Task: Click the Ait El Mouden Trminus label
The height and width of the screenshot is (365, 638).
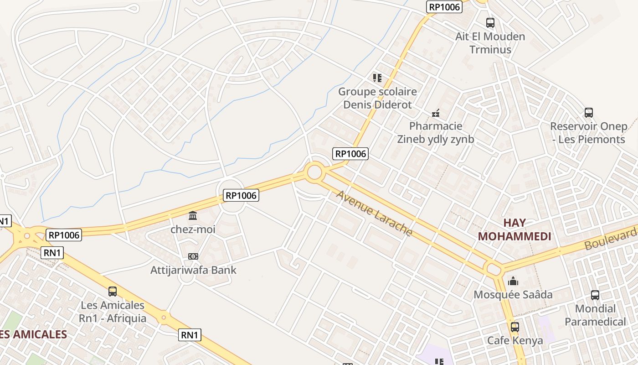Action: (x=490, y=43)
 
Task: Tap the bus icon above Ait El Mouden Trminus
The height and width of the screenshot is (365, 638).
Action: (x=490, y=22)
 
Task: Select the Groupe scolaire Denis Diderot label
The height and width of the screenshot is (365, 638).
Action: (x=377, y=98)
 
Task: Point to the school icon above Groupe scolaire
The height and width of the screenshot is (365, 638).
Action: (x=377, y=78)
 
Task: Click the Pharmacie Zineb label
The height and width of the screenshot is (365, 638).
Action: (x=436, y=133)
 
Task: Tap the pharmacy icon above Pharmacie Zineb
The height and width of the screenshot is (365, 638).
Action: (x=436, y=113)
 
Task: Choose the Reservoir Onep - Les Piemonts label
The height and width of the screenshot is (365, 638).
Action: (x=588, y=133)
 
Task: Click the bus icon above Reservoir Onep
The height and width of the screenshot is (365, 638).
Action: (x=589, y=112)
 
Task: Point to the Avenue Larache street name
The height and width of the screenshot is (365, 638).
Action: (x=374, y=214)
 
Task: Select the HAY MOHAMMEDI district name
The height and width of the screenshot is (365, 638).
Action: (x=515, y=229)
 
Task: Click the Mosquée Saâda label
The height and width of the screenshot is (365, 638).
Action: (x=513, y=295)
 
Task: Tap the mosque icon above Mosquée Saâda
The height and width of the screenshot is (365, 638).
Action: (x=513, y=281)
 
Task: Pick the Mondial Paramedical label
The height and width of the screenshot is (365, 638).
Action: (x=595, y=315)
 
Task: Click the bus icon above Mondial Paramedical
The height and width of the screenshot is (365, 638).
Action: (x=595, y=295)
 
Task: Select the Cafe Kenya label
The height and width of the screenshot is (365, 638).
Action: (x=515, y=341)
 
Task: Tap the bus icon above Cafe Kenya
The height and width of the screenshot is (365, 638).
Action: (x=515, y=327)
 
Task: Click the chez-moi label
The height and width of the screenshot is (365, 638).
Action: (x=193, y=229)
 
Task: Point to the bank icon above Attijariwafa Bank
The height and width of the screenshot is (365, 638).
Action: (x=193, y=256)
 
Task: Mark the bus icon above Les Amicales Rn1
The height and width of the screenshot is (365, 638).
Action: (x=113, y=291)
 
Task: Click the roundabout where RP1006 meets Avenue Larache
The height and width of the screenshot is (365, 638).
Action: (x=314, y=172)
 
